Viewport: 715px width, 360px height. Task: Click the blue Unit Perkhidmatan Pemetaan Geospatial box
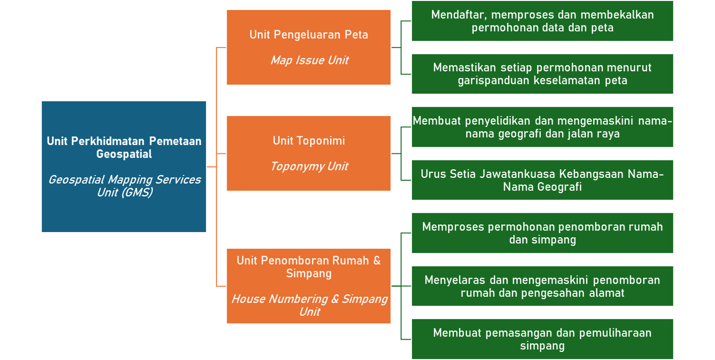click(x=124, y=166)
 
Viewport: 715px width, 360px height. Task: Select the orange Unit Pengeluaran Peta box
click(x=309, y=47)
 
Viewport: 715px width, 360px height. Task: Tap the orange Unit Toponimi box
click(x=309, y=153)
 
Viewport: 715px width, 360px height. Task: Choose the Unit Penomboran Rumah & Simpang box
click(x=309, y=286)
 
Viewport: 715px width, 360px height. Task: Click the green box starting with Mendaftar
click(x=542, y=21)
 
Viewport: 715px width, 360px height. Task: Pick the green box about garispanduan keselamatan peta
click(x=542, y=74)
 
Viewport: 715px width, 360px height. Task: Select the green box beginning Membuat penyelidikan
click(x=542, y=127)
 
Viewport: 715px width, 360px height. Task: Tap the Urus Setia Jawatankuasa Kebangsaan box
click(x=542, y=180)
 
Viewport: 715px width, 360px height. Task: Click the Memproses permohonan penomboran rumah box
click(x=542, y=233)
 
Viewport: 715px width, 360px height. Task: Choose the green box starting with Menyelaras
click(x=542, y=286)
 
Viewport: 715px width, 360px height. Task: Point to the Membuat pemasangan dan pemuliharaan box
click(x=542, y=339)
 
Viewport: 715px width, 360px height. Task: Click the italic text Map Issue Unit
click(x=309, y=60)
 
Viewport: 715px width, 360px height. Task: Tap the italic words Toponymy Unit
click(x=309, y=166)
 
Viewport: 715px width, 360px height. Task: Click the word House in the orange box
click(x=248, y=299)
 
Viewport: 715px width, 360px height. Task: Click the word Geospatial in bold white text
click(x=124, y=154)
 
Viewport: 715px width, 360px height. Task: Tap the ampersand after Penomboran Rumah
click(x=377, y=260)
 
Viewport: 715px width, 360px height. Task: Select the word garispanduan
click(x=493, y=81)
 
